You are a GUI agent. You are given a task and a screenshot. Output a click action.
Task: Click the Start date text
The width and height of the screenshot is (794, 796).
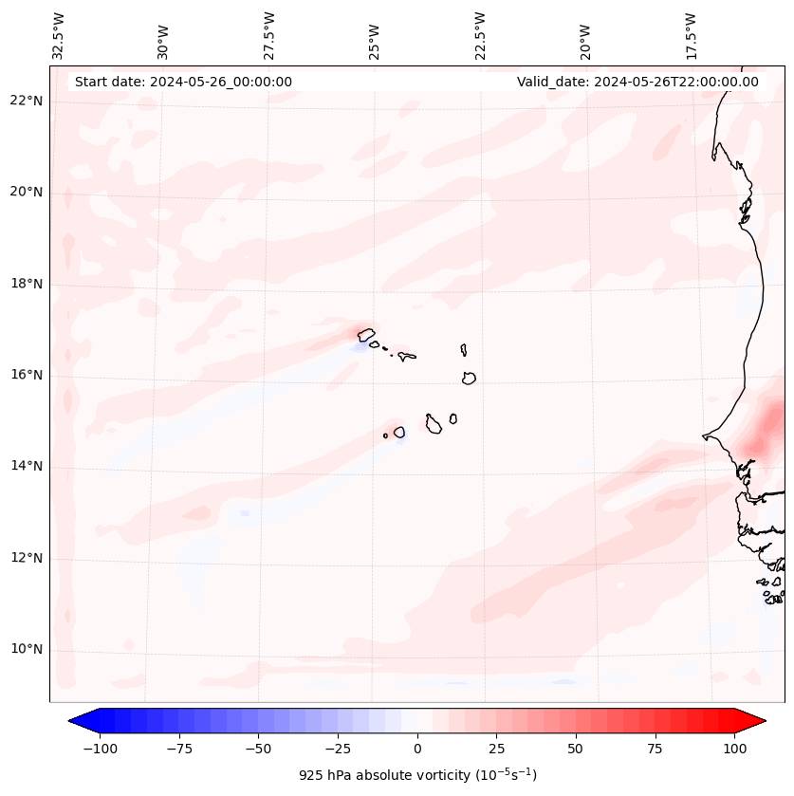(183, 82)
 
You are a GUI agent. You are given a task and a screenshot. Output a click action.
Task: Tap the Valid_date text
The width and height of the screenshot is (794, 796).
(637, 82)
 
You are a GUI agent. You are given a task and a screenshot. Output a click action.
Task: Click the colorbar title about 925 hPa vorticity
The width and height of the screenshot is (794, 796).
(417, 776)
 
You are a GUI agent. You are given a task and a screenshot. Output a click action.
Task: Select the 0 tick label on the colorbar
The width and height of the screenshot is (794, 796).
(417, 749)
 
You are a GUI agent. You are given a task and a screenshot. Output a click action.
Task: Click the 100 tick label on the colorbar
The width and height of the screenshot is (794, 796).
(734, 749)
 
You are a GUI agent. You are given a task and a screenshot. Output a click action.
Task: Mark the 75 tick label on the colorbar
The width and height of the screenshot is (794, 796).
(655, 749)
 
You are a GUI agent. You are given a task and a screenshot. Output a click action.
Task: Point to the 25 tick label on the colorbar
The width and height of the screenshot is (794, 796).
(496, 749)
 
